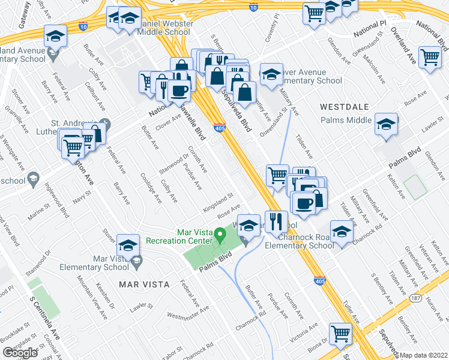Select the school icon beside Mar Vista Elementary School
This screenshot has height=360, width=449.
tap(128, 245)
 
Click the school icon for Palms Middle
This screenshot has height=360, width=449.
tap(386, 124)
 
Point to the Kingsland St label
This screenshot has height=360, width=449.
tap(217, 197)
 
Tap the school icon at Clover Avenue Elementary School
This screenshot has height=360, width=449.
tap(271, 74)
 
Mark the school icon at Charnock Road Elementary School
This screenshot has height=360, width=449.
tap(341, 232)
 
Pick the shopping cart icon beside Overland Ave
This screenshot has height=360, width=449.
tap(430, 58)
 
